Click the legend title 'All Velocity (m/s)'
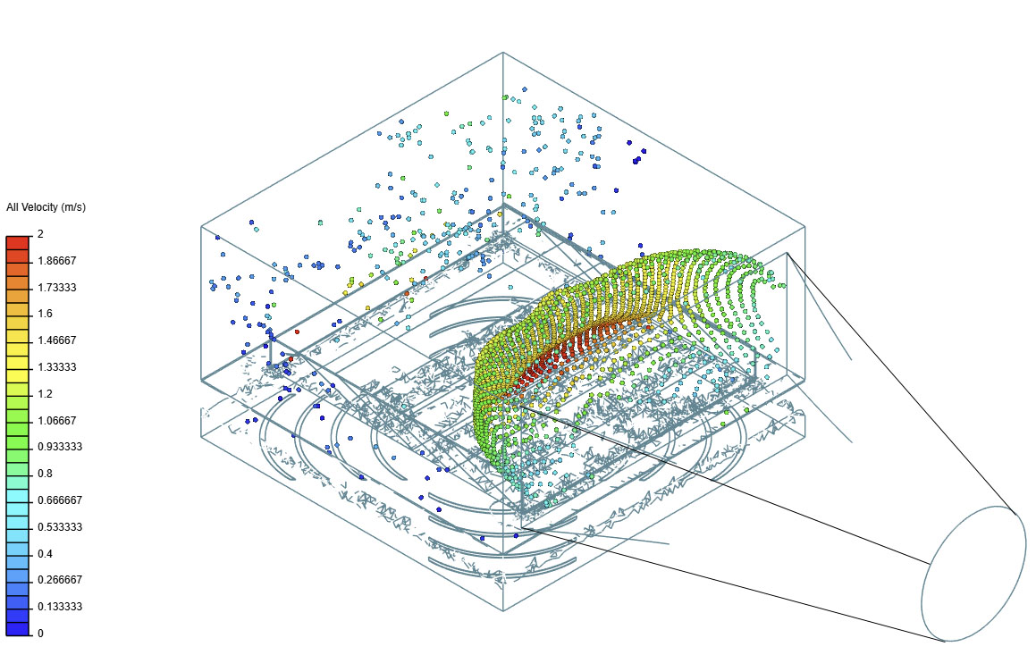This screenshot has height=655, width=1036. pyautogui.click(x=46, y=207)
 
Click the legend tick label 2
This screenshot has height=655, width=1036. pyautogui.click(x=40, y=234)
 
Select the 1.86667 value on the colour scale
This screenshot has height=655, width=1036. pyautogui.click(x=57, y=261)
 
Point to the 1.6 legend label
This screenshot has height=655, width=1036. pyautogui.click(x=45, y=314)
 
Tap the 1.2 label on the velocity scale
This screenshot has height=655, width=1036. pyautogui.click(x=45, y=393)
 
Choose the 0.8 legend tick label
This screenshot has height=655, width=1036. pyautogui.click(x=45, y=474)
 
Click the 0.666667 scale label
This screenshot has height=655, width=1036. pyautogui.click(x=60, y=500)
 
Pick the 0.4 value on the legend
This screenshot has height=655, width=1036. pyautogui.click(x=45, y=553)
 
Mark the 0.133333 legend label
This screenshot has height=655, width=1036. pyautogui.click(x=60, y=606)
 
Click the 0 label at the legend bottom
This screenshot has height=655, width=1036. pyautogui.click(x=40, y=634)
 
